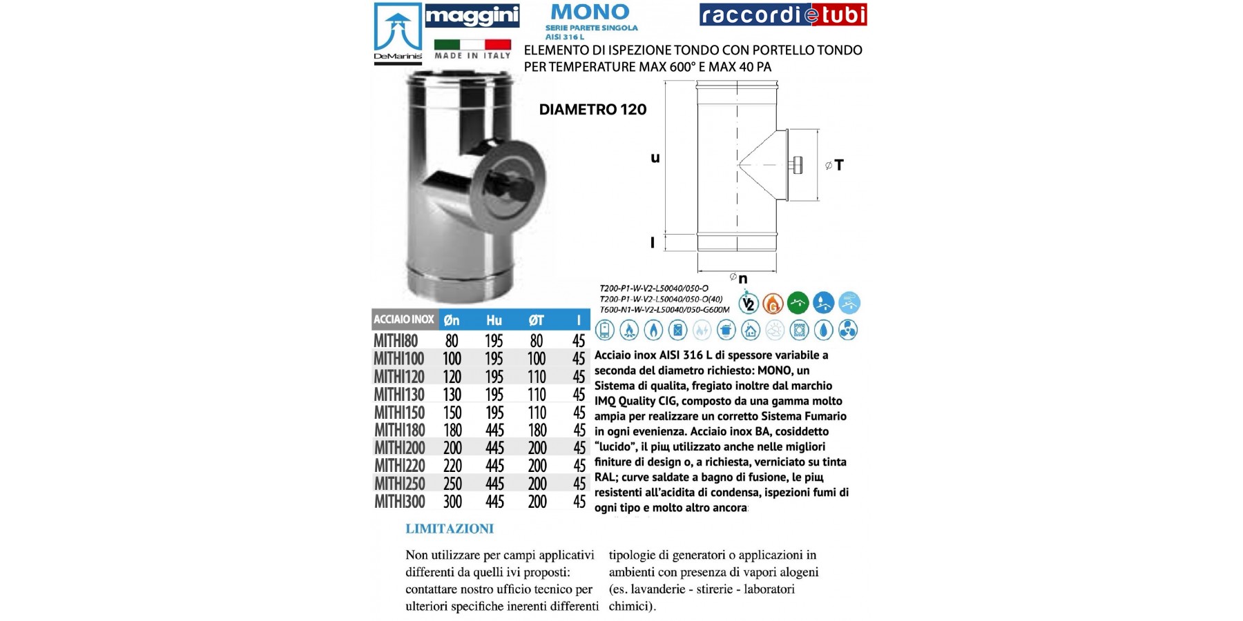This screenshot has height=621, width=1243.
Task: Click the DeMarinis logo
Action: (398, 33)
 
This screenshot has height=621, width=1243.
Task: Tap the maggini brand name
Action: (472, 15)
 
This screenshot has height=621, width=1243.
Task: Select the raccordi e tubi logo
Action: (783, 15)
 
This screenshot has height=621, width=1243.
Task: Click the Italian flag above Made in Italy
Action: (472, 44)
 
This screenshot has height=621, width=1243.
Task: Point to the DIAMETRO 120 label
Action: (592, 110)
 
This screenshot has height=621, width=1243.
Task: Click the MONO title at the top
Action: (590, 12)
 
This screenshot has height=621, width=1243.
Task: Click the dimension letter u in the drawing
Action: (655, 158)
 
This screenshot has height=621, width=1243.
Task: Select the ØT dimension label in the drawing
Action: (834, 165)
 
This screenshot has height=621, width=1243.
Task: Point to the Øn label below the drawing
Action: (739, 278)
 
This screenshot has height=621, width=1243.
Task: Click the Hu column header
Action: (494, 320)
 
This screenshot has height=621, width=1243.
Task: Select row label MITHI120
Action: (399, 377)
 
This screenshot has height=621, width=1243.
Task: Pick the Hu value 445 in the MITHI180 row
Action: (494, 431)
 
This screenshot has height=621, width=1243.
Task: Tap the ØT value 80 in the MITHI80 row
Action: (537, 341)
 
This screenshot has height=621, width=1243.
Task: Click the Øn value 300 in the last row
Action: (452, 502)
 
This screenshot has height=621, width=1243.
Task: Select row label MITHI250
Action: (399, 484)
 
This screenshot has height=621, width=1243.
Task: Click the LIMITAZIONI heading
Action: (450, 529)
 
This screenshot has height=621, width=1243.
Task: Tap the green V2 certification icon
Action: (749, 303)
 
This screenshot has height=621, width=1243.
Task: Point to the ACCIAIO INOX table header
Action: (404, 319)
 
